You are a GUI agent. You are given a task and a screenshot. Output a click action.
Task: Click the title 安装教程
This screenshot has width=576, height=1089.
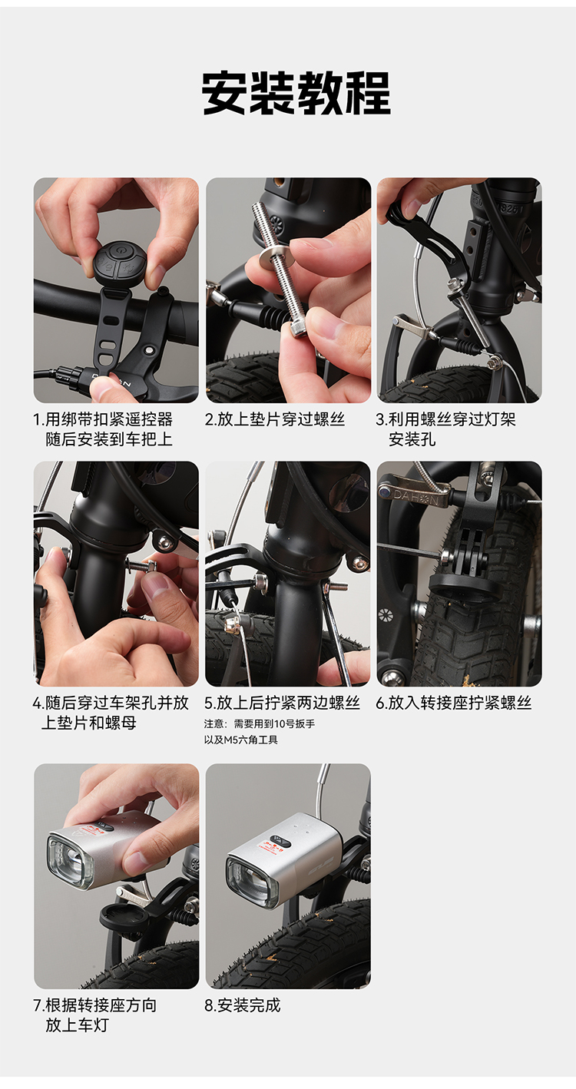tap(296, 93)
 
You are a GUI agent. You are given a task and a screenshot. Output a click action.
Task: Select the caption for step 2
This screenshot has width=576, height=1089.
tap(275, 419)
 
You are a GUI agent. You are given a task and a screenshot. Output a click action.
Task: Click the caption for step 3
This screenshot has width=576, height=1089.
tap(445, 429)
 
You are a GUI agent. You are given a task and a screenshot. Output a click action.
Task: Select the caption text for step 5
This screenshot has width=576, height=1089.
tap(283, 703)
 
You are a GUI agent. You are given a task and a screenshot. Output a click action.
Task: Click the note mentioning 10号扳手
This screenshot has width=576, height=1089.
tap(260, 723)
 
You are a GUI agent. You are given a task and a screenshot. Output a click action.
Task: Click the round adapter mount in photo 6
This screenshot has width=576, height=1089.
tap(464, 588)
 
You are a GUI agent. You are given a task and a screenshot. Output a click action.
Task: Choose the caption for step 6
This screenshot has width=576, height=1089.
tap(454, 703)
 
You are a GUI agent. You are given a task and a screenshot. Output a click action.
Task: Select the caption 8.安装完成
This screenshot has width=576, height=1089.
tap(243, 1005)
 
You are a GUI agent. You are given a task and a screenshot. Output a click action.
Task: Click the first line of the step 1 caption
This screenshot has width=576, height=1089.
tap(103, 419)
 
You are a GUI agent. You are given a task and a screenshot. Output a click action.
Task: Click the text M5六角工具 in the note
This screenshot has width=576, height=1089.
tap(251, 740)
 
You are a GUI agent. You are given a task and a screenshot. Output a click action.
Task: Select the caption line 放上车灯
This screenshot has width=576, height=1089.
tap(78, 1025)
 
